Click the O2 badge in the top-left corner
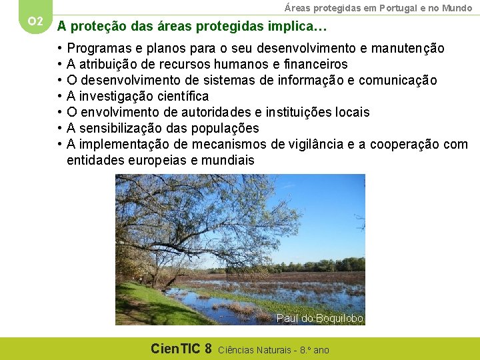35,21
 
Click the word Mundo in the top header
457,8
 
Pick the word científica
180,97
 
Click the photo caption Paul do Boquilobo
320,319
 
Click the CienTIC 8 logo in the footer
181,349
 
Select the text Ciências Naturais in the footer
257,349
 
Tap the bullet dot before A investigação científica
59,97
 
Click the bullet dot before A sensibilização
59,128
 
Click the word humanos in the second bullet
219,65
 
